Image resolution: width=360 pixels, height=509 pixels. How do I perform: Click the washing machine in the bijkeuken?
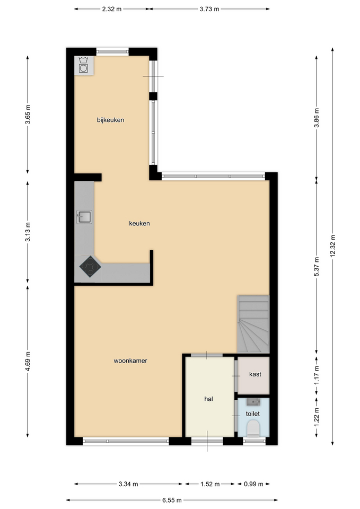point(83,65)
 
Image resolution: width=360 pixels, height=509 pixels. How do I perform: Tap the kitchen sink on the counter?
point(84,217)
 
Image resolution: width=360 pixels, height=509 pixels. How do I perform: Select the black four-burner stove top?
point(90,267)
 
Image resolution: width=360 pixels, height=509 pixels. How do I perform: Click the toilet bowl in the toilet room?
point(253,428)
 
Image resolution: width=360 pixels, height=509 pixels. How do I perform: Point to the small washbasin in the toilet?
point(253,402)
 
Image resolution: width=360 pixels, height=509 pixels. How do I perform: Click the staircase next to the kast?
point(253,324)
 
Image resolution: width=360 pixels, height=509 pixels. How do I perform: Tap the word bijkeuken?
point(110,120)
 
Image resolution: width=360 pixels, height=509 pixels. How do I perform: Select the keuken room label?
point(139,223)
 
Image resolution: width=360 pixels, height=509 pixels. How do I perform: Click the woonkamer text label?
point(130,361)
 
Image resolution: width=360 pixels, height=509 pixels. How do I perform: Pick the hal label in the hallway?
point(209,399)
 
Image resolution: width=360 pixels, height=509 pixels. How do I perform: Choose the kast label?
point(255,374)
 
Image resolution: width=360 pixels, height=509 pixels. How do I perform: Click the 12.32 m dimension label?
point(332,245)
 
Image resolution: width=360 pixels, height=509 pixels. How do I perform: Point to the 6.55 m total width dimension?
point(172,500)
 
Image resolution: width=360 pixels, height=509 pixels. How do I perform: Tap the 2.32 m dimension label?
point(112,9)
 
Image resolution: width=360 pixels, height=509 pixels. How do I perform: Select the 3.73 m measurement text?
point(209,9)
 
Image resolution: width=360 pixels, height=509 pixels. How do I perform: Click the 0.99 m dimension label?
point(253,484)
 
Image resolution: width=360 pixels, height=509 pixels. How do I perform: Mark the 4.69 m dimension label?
point(28,361)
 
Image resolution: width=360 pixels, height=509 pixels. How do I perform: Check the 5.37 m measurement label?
point(317,267)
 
